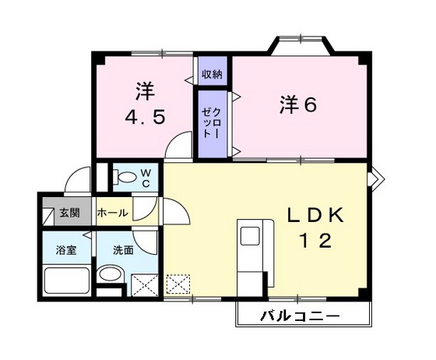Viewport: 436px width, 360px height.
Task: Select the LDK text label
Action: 315,214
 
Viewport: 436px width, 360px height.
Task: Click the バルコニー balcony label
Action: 300,317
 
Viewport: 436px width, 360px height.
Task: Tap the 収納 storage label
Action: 212,75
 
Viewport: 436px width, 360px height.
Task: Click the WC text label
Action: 145,178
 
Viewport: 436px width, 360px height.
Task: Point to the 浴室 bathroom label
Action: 65,251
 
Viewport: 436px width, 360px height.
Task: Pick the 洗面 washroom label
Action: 123,251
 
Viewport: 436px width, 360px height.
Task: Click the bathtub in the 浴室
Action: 66,281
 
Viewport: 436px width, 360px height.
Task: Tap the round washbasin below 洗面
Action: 111,274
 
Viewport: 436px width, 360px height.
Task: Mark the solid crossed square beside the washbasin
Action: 144,285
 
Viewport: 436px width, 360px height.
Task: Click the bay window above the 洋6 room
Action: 300,45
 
